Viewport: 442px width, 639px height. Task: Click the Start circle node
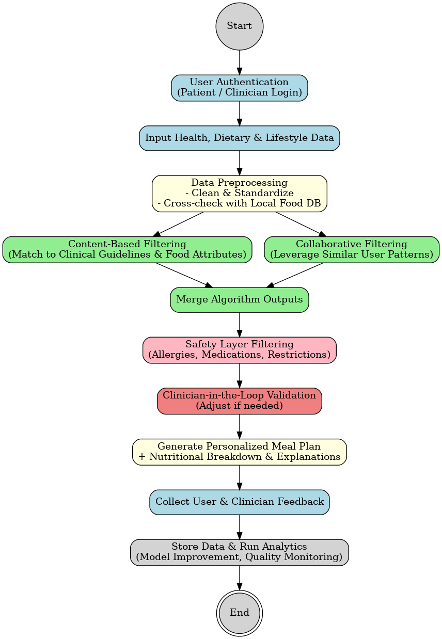(x=239, y=26)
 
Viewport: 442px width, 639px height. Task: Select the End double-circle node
(x=239, y=613)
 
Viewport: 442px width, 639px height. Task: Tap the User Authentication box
(x=239, y=87)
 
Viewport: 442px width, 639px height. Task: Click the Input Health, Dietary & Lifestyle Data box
(x=239, y=138)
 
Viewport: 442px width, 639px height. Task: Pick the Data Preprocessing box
(x=239, y=194)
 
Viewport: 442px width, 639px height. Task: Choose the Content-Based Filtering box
(x=127, y=249)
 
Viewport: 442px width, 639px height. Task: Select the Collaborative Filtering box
(x=351, y=249)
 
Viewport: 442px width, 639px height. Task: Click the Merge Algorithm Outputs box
(x=239, y=300)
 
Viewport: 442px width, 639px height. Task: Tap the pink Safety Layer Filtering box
(x=239, y=350)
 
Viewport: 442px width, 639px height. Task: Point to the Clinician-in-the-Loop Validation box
(x=239, y=401)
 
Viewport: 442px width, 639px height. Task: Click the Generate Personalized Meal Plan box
(x=239, y=452)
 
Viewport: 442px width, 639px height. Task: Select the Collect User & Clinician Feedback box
(x=239, y=502)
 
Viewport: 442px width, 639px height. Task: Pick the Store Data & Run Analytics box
(x=239, y=552)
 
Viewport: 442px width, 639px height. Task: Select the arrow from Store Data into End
(x=239, y=577)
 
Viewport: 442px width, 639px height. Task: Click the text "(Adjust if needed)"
(x=239, y=406)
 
